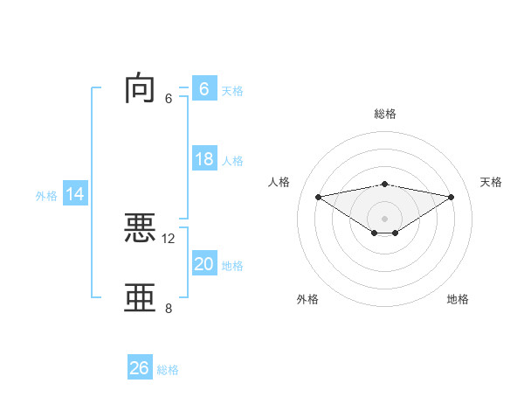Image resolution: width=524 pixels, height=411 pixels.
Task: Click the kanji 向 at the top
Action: click(141, 89)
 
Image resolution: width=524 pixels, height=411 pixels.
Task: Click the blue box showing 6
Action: click(203, 88)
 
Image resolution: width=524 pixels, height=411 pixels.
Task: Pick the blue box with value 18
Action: click(203, 159)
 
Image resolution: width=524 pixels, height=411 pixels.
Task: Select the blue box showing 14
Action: click(75, 194)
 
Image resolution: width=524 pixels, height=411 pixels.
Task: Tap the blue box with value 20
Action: click(203, 264)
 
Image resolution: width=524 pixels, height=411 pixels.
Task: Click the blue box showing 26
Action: click(139, 368)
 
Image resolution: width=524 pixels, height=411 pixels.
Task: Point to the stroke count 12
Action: click(169, 238)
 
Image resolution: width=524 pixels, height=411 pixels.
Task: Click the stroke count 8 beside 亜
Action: click(169, 308)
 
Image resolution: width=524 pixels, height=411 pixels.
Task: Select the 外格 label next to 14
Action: click(46, 196)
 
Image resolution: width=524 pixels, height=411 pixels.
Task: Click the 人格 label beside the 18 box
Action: click(232, 161)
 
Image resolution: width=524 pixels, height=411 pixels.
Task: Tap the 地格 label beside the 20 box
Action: click(232, 266)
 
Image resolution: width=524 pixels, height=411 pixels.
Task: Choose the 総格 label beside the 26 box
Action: click(168, 370)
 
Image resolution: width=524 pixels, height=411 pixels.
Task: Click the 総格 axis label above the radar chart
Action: click(385, 114)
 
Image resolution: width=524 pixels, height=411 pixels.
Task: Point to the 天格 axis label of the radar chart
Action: click(492, 182)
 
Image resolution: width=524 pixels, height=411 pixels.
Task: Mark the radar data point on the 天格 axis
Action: click(452, 197)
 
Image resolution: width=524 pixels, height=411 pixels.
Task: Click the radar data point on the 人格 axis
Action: click(318, 196)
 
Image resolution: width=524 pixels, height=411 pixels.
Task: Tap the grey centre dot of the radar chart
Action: click(384, 218)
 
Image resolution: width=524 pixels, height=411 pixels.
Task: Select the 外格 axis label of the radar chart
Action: click(307, 299)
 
